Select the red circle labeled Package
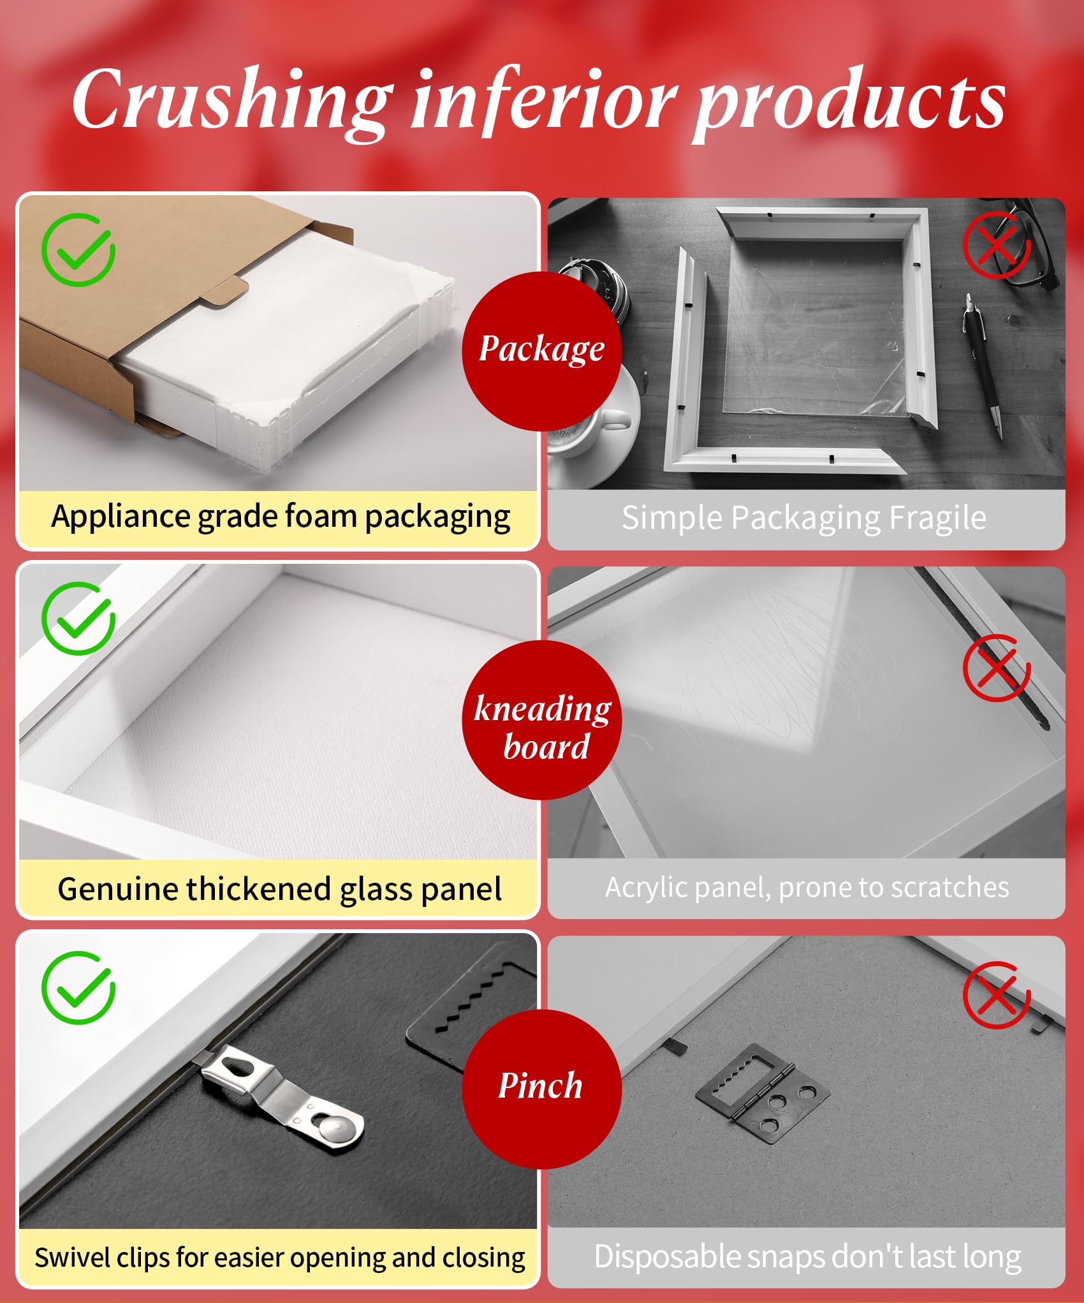[x=541, y=351]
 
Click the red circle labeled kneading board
[x=541, y=720]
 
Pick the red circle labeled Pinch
[x=541, y=1089]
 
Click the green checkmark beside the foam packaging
[x=78, y=249]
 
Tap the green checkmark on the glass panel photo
[x=78, y=618]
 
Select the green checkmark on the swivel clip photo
[x=78, y=987]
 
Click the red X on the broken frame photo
[x=997, y=246]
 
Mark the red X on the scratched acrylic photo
[x=997, y=668]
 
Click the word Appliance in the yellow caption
[x=121, y=517]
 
